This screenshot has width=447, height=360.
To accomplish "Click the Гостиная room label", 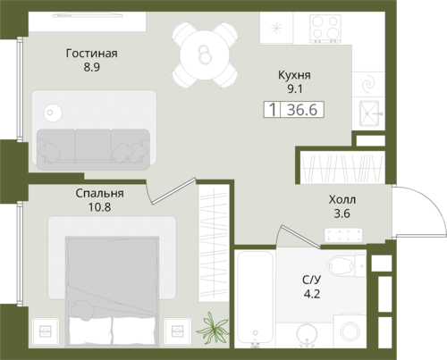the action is [91, 54].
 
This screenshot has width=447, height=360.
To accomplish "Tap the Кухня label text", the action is [294, 75].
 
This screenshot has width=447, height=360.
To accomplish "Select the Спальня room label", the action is [99, 193].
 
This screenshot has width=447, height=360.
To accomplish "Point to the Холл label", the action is [342, 199].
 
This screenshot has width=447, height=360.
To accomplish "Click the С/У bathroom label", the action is [312, 280].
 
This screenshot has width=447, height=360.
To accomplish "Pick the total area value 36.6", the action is [302, 110].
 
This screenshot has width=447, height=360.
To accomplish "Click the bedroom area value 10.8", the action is [99, 207].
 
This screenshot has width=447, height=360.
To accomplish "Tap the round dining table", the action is [205, 54].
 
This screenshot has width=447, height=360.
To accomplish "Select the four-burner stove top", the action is [325, 29].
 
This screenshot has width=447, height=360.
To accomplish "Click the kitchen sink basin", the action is [369, 113].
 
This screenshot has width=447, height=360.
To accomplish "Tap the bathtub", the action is [254, 297].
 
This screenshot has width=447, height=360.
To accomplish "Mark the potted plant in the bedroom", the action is [214, 328].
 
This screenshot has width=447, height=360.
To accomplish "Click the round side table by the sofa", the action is [53, 113].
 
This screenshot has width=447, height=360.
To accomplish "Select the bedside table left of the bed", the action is [46, 331].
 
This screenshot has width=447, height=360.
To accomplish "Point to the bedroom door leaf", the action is [173, 191].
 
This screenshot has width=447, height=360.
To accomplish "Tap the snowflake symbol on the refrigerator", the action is [276, 29].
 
